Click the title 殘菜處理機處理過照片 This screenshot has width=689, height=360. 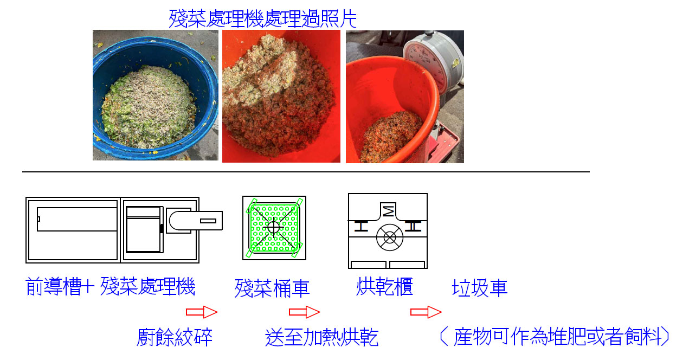point(263,18)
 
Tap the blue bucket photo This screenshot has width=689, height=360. point(156,95)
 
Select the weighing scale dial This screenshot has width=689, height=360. point(430,62)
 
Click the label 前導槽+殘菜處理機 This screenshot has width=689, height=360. point(111,286)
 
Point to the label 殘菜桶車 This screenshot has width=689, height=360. point(272,288)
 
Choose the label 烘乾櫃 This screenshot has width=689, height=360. point(384,286)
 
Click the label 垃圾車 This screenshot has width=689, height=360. point(480,288)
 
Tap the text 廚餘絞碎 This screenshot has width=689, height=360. point(175,337)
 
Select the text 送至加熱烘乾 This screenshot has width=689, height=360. point(322,337)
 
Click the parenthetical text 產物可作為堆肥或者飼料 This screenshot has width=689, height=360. point(554,336)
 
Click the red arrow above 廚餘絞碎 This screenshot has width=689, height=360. point(202,312)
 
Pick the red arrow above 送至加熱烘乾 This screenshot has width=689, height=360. point(305,312)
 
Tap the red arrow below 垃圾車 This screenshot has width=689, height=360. point(426,312)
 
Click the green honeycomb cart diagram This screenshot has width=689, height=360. point(274,228)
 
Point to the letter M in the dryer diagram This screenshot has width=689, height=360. point(388,211)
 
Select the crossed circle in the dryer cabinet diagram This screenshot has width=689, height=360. point(390,237)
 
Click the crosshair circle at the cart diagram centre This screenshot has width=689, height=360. point(273,227)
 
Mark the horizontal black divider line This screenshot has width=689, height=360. point(306,172)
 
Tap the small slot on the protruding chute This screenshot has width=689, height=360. point(208,221)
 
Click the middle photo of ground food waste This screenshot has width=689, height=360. point(281,96)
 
